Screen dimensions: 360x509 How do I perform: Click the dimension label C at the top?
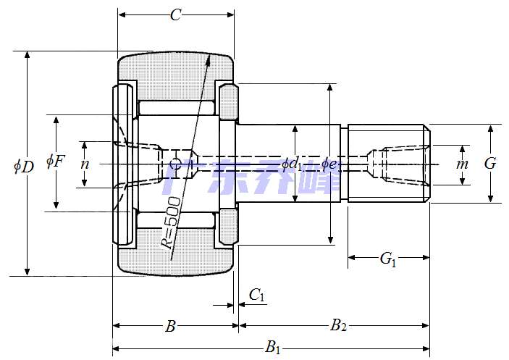pyautogui.click(x=175, y=15)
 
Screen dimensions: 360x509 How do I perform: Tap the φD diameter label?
pyautogui.click(x=23, y=166)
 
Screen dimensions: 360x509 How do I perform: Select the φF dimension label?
pyautogui.click(x=56, y=161)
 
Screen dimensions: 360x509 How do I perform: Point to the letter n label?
pyautogui.click(x=85, y=164)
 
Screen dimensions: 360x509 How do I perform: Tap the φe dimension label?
pyautogui.click(x=329, y=164)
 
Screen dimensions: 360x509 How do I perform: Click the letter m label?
pyautogui.click(x=462, y=164)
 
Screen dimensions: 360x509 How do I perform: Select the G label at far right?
pyautogui.click(x=490, y=164)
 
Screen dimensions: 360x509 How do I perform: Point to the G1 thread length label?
pyautogui.click(x=388, y=258)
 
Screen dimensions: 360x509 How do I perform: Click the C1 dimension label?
pyautogui.click(x=257, y=295)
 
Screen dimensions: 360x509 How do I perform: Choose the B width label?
pyautogui.click(x=171, y=327)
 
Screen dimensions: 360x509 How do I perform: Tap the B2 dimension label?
pyautogui.click(x=338, y=326)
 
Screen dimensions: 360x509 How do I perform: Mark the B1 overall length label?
pyautogui.click(x=273, y=348)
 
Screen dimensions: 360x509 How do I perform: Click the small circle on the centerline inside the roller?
pyautogui.click(x=174, y=164)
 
